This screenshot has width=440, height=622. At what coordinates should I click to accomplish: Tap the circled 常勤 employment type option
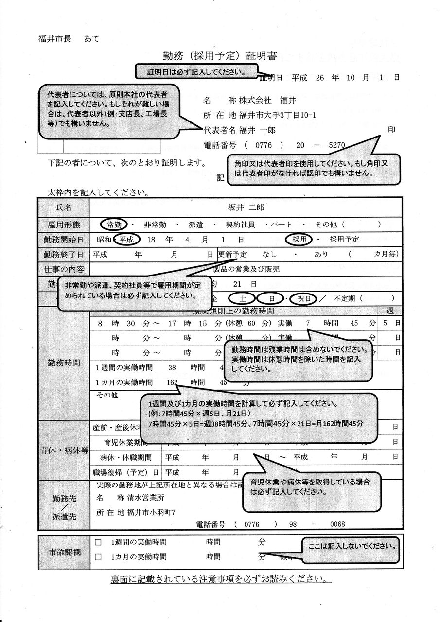click(114, 224)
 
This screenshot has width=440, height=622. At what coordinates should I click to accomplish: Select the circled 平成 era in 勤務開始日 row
click(129, 240)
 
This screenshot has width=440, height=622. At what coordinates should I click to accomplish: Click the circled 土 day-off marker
click(242, 298)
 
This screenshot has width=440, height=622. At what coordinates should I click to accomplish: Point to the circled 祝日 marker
click(304, 298)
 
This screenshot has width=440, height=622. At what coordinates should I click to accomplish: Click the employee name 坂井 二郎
click(247, 207)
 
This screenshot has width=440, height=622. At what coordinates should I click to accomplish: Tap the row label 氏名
click(64, 207)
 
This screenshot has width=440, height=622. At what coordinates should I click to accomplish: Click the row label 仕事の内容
click(64, 269)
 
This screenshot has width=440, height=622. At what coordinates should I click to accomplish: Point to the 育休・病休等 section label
click(64, 450)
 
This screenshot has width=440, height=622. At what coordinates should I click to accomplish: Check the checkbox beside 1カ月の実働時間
click(98, 557)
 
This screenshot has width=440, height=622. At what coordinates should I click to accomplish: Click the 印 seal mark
click(391, 130)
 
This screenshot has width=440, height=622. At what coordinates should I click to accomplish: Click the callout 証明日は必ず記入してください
click(195, 72)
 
